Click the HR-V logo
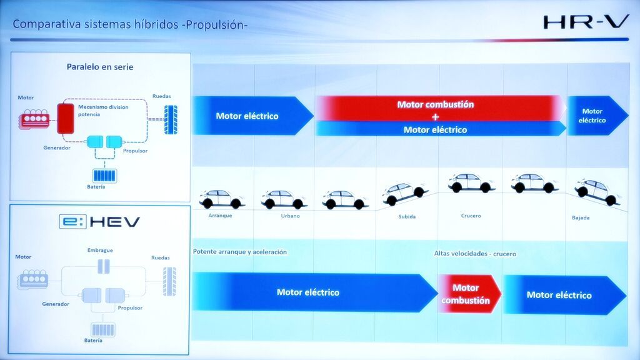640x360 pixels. [x=586, y=22]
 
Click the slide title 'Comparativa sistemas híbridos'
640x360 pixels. [x=130, y=24]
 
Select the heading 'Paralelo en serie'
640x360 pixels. [x=100, y=67]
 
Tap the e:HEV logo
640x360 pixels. [x=100, y=222]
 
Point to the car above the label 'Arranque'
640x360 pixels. [x=222, y=199]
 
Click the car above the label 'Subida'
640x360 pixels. [x=406, y=193]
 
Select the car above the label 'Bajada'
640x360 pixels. [x=596, y=191]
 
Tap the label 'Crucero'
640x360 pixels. [x=471, y=216]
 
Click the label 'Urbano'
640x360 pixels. [x=290, y=216]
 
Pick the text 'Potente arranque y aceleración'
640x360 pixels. [x=240, y=252]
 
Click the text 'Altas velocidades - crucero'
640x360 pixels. [x=475, y=254]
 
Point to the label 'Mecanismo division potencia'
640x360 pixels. [x=103, y=111]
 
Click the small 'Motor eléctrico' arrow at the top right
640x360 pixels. [x=595, y=116]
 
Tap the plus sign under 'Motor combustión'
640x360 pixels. [x=435, y=117]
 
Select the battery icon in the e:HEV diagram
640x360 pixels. [x=102, y=329]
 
